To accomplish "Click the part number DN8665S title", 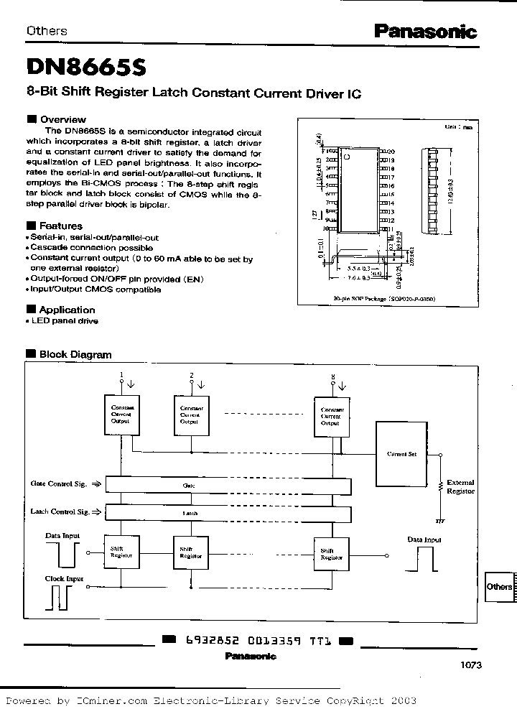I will (86, 67).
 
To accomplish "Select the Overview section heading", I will (62, 119).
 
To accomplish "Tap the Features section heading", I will (60, 226).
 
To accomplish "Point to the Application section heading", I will (67, 310).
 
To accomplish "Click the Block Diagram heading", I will (75, 354).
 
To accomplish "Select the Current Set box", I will (401, 454).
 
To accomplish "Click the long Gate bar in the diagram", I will (228, 486).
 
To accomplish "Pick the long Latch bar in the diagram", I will (228, 513).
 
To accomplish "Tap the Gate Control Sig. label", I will (59, 484).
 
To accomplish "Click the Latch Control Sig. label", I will (60, 511).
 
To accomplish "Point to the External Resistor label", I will (461, 487).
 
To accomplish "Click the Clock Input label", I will (65, 578).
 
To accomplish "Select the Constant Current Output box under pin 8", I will (330, 415).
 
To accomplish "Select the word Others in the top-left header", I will (47, 31).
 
